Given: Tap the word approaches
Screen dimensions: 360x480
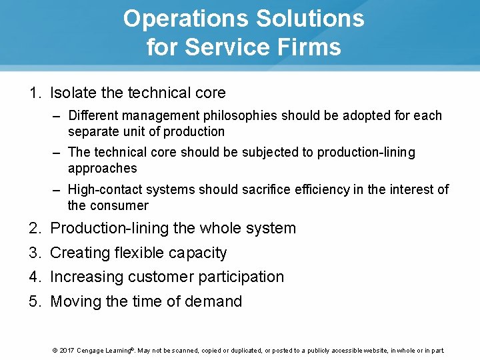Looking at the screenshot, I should click(x=102, y=168).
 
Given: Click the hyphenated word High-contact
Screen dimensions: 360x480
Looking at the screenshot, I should click(x=105, y=189).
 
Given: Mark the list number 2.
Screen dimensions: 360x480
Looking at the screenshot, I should click(x=34, y=228).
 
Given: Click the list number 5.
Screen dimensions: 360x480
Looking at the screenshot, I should click(x=34, y=301).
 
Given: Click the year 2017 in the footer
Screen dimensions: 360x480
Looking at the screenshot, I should click(x=66, y=350).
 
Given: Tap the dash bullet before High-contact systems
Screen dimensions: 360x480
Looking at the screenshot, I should click(x=59, y=189).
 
